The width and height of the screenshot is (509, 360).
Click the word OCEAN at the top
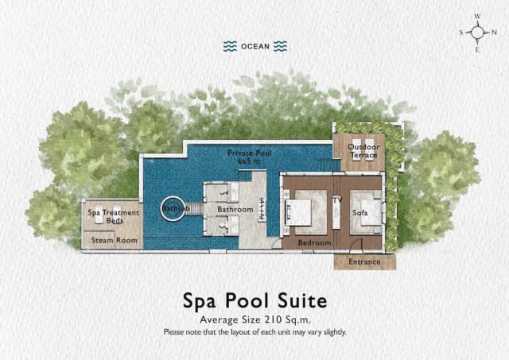click(x=255, y=46)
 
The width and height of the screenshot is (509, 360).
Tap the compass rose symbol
click(x=478, y=33)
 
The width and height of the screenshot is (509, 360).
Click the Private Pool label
click(x=249, y=152)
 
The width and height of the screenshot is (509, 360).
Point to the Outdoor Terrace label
click(x=363, y=151)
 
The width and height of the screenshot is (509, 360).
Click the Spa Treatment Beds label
click(x=113, y=216)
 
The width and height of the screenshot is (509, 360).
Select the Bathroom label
click(x=235, y=210)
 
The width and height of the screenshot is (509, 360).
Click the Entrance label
click(x=364, y=261)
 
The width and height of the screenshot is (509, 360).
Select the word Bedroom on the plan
click(x=314, y=242)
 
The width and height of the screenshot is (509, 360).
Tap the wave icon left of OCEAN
click(x=231, y=46)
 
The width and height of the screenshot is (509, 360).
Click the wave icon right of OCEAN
click(x=279, y=46)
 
